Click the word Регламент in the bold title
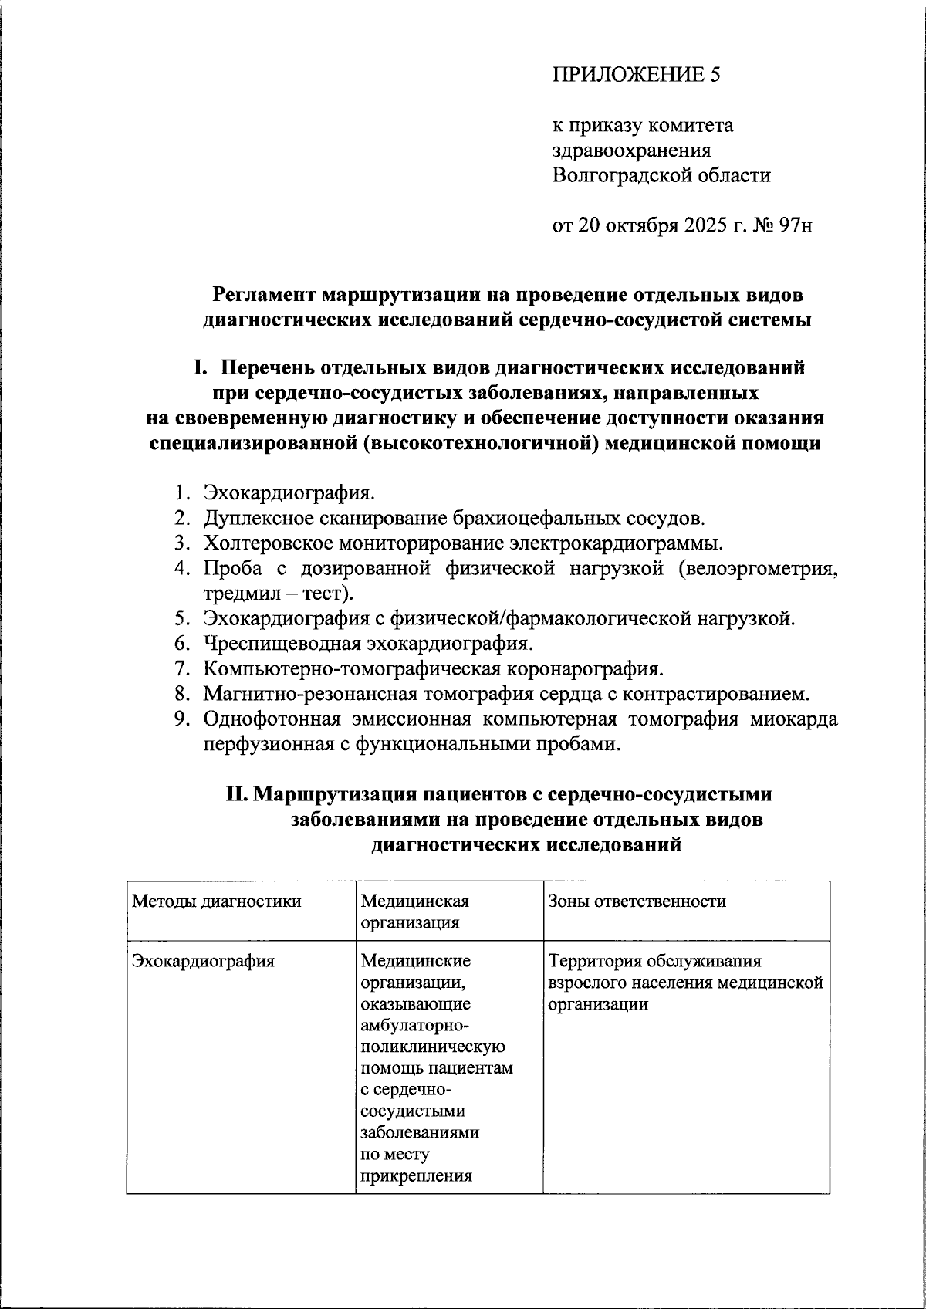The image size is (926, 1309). [264, 295]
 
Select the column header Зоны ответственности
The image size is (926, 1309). [637, 901]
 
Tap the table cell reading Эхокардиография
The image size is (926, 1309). [204, 962]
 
